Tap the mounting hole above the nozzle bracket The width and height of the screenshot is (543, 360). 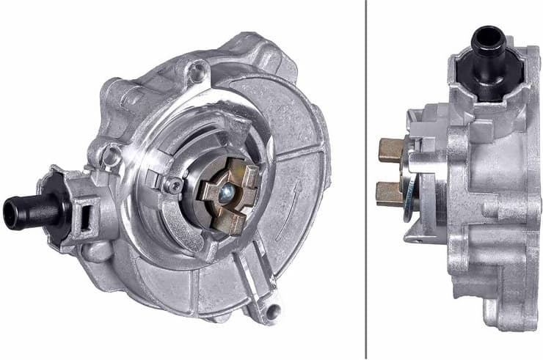[112, 154]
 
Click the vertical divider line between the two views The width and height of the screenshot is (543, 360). [365, 180]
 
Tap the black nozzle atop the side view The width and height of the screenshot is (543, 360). [486, 44]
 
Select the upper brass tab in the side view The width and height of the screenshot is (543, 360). [390, 150]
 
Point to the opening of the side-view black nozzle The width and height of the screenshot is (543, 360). [486, 30]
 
